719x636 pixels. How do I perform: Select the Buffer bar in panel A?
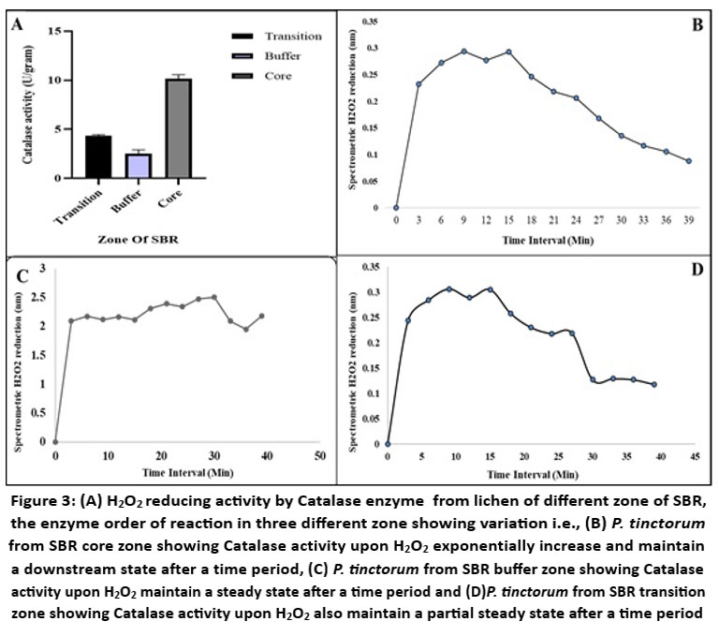(x=139, y=166)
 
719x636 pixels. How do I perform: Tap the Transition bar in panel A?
(x=98, y=157)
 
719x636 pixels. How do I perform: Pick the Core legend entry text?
(x=279, y=75)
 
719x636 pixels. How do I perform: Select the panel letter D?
(x=696, y=271)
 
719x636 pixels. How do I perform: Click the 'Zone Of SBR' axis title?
(x=138, y=241)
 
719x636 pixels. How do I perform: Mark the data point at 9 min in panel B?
(x=464, y=51)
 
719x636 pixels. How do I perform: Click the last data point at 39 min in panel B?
(x=688, y=161)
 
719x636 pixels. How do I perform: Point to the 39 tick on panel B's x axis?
(x=688, y=221)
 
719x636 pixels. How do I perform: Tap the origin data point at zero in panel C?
(x=55, y=441)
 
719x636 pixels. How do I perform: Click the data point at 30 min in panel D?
(x=594, y=380)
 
